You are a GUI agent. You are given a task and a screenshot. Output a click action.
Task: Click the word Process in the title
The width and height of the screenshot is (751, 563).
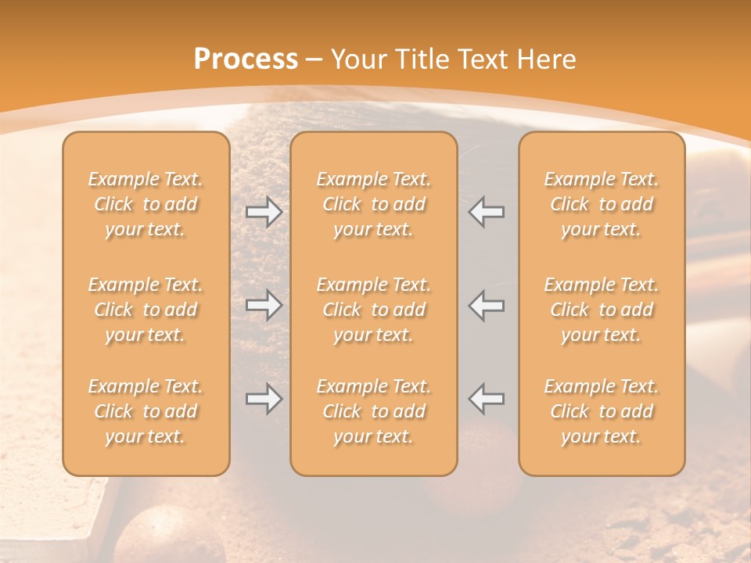tap(246, 59)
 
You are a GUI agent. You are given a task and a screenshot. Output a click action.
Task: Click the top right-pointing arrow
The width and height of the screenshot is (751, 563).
tap(264, 212)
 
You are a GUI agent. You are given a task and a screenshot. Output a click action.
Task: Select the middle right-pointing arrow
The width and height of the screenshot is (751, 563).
tap(264, 305)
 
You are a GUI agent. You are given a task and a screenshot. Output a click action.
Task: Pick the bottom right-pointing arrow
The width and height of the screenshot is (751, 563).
tap(264, 399)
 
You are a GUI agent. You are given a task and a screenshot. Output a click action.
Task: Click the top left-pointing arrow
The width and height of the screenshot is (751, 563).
tap(486, 212)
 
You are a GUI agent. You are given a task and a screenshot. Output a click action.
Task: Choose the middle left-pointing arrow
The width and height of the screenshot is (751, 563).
tap(486, 305)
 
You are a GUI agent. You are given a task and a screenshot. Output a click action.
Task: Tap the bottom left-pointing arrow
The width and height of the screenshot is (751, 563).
tap(486, 399)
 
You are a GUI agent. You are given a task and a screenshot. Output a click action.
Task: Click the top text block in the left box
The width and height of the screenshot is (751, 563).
tap(146, 204)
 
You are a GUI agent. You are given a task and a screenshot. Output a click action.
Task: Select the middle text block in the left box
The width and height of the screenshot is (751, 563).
tap(146, 310)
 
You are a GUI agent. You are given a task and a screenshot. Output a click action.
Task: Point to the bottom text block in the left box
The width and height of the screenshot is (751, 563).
tap(146, 411)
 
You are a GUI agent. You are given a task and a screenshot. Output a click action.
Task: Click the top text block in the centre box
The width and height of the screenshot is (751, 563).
tap(373, 204)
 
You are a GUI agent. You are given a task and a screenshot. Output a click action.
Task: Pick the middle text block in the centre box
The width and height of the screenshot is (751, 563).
tap(373, 310)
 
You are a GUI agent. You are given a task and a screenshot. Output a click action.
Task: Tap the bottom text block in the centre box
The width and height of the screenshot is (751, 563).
tap(373, 411)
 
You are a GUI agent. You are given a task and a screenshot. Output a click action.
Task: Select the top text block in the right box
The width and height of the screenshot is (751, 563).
tap(602, 204)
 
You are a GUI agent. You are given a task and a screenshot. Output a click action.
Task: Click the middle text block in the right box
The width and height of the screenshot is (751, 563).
tap(602, 310)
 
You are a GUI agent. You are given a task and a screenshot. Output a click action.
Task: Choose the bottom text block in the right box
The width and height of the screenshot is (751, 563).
tap(602, 411)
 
